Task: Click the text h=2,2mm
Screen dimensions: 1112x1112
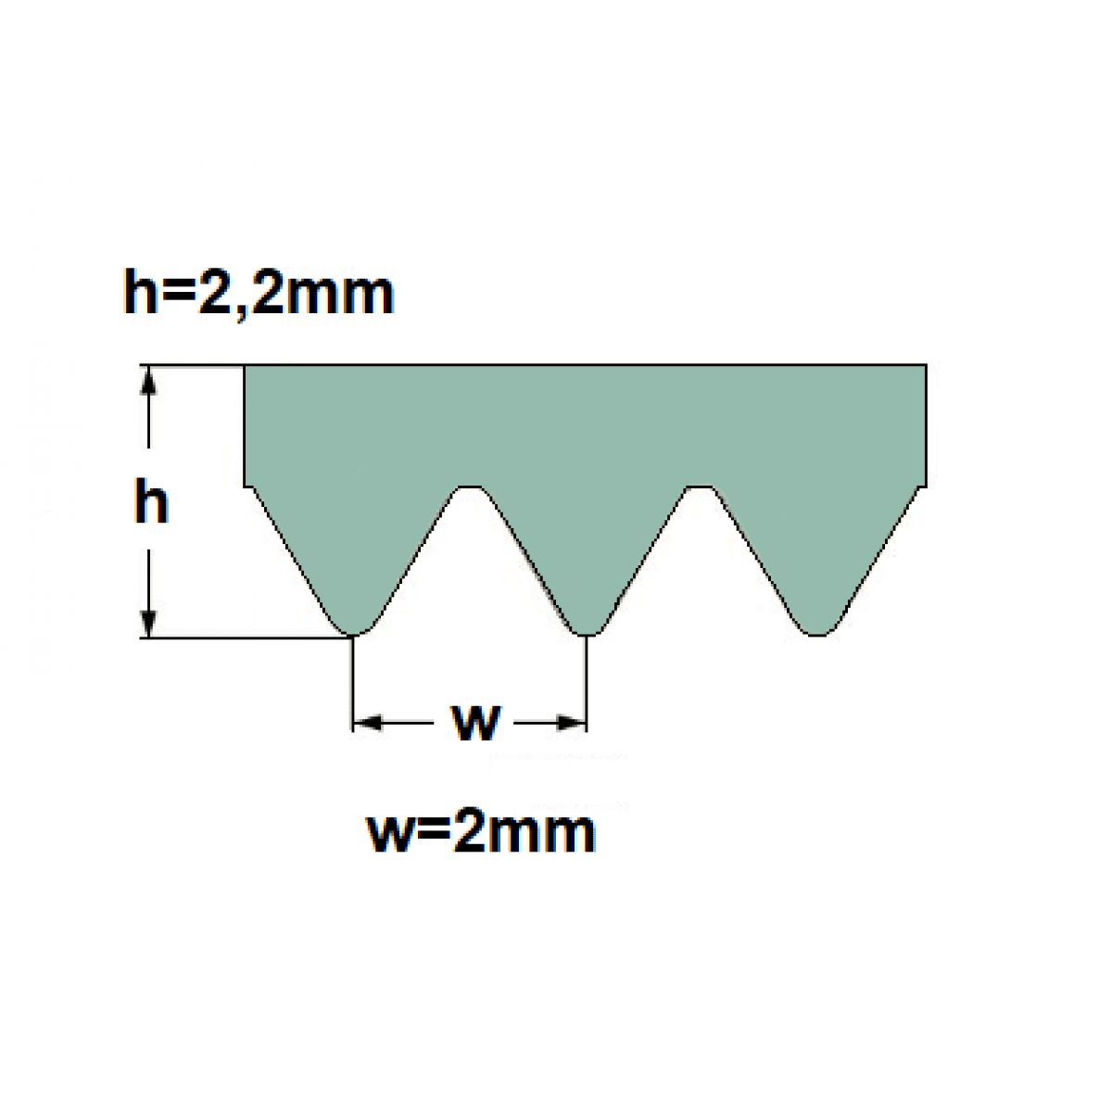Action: [259, 293]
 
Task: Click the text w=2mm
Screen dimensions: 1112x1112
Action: [482, 831]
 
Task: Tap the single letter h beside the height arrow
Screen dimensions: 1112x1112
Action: [151, 504]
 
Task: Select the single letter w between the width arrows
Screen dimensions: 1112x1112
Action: [477, 722]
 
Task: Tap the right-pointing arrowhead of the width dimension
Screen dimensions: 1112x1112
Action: [572, 723]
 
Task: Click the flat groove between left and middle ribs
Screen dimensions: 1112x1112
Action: [470, 488]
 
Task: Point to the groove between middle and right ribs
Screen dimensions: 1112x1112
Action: [700, 488]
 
